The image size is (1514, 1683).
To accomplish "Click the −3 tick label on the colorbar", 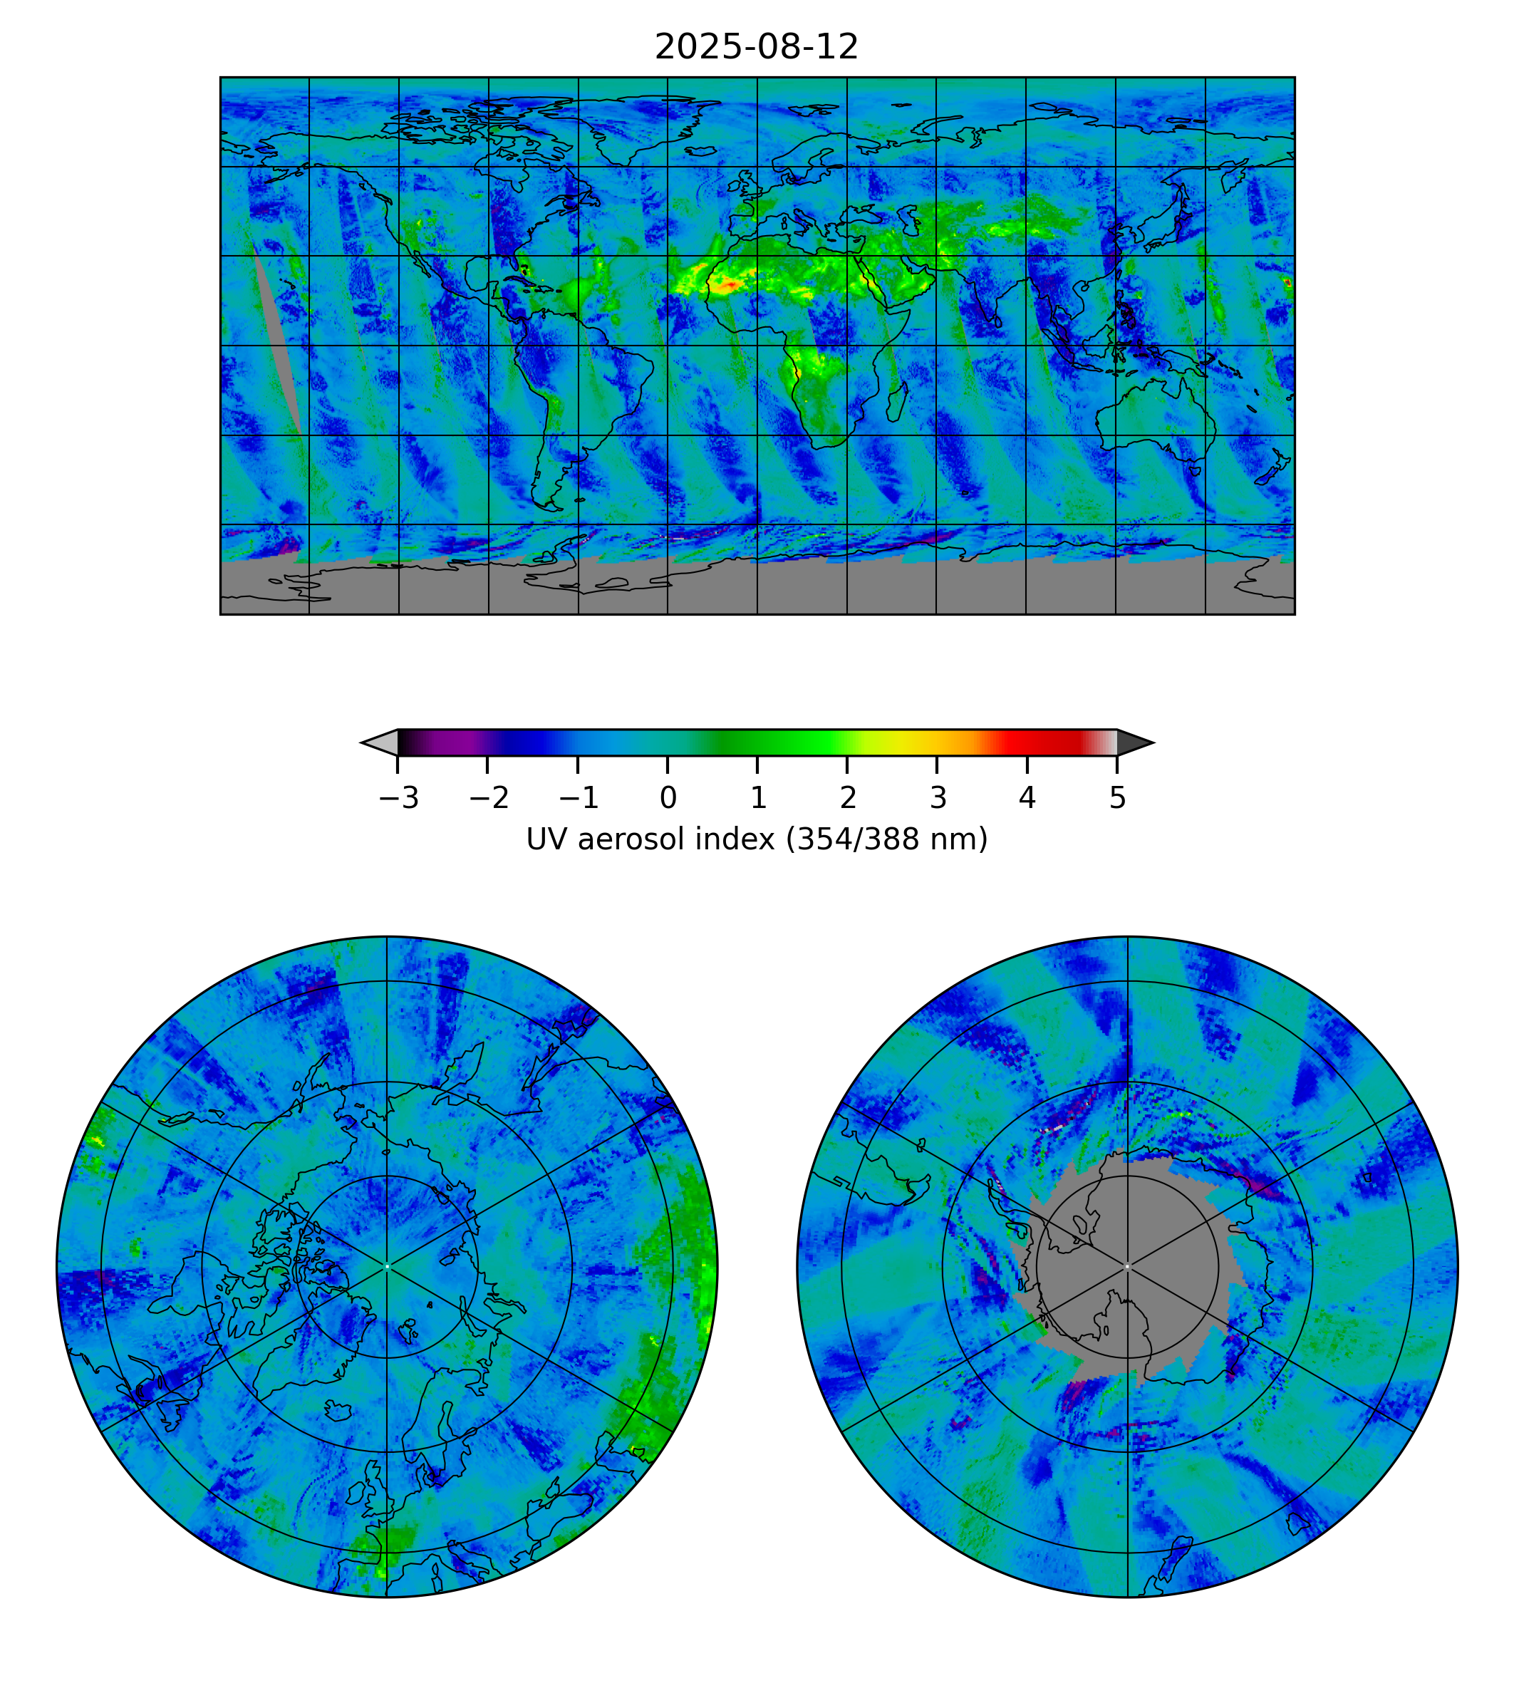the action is click(x=398, y=799).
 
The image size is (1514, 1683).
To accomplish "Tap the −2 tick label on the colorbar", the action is click(x=489, y=799).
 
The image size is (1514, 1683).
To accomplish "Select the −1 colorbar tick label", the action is click(x=579, y=799).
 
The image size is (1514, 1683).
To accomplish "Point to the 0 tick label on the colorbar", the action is click(x=668, y=799).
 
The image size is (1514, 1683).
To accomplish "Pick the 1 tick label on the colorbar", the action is click(x=758, y=799).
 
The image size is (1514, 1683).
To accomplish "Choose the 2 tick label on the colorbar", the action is click(x=848, y=799).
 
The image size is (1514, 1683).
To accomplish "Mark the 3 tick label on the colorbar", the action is click(x=938, y=799).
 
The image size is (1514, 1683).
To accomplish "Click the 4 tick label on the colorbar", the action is click(x=1027, y=799).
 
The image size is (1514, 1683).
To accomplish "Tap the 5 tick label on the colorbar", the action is click(x=1117, y=799).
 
